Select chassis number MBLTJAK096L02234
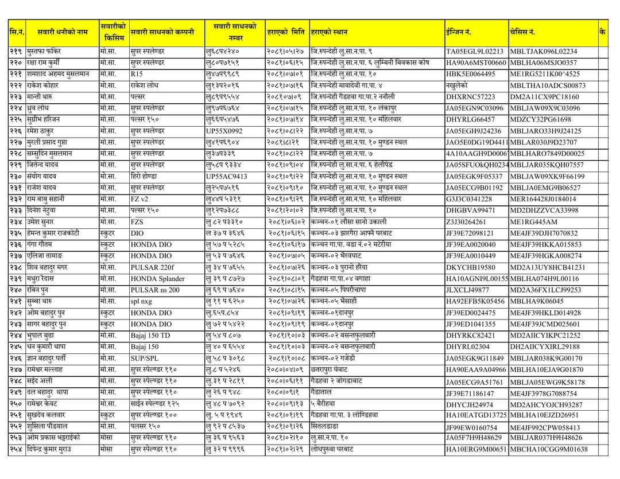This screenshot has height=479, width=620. coord(543,52)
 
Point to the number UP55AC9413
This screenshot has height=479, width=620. coord(227,176)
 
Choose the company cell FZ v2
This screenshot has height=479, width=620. coord(140,199)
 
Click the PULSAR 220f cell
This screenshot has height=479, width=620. coord(152,267)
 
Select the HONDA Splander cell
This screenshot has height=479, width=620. coord(157,279)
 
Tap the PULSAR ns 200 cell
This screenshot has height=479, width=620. coord(154,290)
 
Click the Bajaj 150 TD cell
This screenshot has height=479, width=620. coord(150,336)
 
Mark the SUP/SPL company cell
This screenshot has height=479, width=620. coord(145,359)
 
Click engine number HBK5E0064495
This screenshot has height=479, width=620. coord(470,74)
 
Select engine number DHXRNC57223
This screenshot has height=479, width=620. coord(470,97)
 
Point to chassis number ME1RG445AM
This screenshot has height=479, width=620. coord(534,222)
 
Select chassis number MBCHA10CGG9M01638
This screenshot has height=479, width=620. coord(548,450)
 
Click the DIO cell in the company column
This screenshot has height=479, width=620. coord(138,233)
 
